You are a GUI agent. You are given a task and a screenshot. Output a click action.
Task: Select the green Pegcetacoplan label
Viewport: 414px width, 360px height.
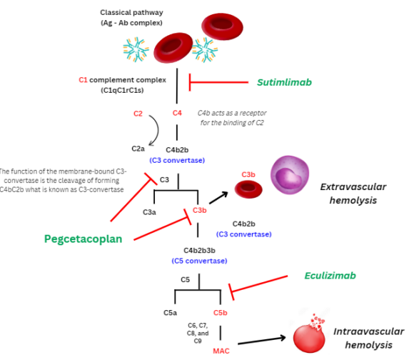click(x=79, y=239)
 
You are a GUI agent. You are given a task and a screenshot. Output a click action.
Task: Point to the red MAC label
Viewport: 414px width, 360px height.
click(x=221, y=351)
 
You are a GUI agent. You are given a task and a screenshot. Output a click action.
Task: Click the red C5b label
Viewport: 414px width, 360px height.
click(x=221, y=312)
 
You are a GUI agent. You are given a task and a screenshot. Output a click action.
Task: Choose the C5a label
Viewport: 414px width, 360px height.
click(x=171, y=312)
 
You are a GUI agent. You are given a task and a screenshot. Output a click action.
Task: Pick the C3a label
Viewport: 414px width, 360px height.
click(x=150, y=212)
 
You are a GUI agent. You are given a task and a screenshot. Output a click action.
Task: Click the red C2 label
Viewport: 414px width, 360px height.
click(x=139, y=114)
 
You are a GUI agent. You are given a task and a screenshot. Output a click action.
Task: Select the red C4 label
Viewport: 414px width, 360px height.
click(x=178, y=114)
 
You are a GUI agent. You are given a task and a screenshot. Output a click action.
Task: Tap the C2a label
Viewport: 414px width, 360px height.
click(x=139, y=149)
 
